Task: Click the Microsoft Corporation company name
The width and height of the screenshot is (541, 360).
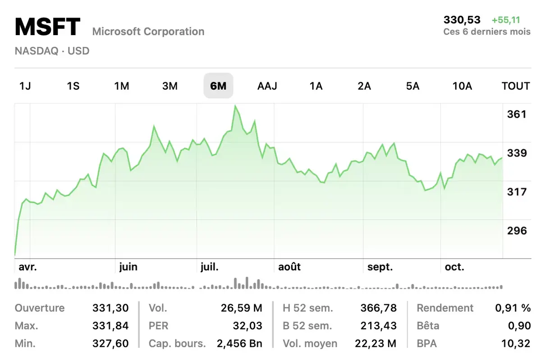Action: pos(148,32)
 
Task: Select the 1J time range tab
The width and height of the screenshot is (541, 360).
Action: pos(25,86)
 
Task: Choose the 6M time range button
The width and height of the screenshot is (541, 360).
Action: pos(218,86)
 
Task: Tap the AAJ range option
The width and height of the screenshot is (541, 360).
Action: pos(267,86)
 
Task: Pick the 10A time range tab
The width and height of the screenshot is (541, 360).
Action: pos(462,86)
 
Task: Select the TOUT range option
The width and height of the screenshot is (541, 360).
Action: pos(515,86)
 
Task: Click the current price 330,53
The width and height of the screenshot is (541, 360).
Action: pos(462,20)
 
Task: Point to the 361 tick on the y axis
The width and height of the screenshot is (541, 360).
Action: pos(517,114)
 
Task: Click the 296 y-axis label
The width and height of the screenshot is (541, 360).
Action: pos(517,231)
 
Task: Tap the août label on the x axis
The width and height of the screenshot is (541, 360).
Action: pos(289,267)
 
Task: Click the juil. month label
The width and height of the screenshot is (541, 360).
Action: pos(209,267)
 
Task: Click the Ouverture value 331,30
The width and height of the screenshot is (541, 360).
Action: pos(110,308)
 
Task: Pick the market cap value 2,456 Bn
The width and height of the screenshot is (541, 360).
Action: pos(239,343)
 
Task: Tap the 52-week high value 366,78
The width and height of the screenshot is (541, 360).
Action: pos(378,308)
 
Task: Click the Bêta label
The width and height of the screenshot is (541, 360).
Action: pos(428,326)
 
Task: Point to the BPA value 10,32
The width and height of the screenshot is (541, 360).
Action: pos(515,343)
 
